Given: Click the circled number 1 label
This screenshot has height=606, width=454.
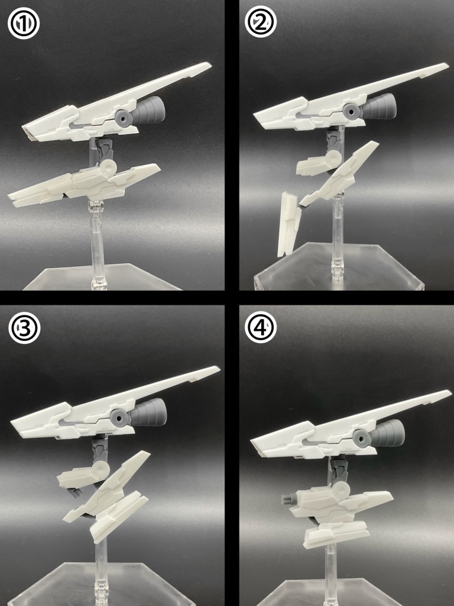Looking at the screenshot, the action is (x=24, y=24).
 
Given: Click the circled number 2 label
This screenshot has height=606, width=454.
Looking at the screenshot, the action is (x=260, y=22).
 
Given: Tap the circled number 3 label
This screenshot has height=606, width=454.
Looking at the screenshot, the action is (x=24, y=328).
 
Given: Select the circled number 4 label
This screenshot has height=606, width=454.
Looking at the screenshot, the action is (x=261, y=327).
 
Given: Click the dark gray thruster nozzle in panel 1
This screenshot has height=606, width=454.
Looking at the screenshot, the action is (x=150, y=109).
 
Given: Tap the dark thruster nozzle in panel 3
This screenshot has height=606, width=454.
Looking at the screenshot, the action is (x=148, y=412).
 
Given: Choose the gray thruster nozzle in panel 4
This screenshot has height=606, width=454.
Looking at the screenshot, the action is (x=387, y=433).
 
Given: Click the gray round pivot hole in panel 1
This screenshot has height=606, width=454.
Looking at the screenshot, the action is (x=124, y=117).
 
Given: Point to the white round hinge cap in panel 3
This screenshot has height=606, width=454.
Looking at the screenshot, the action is (x=100, y=470).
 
